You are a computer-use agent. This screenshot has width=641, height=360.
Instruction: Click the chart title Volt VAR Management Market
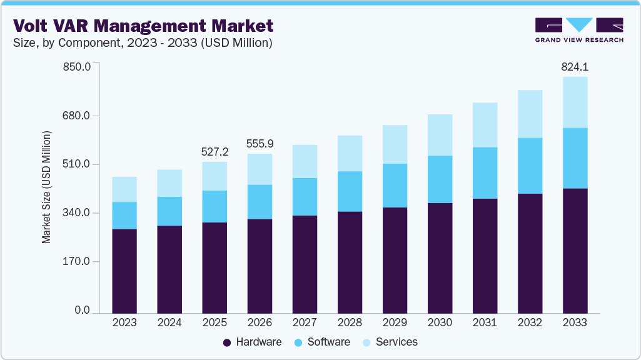point(143,26)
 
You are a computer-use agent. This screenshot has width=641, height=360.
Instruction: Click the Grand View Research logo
point(579,30)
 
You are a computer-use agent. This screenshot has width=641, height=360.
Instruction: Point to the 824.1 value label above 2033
point(575,66)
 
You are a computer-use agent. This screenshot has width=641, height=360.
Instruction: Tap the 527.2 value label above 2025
point(215,151)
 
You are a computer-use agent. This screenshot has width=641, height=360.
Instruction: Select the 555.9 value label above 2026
point(260,143)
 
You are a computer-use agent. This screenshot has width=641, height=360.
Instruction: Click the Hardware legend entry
point(252,342)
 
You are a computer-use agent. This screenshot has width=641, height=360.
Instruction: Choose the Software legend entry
point(322,342)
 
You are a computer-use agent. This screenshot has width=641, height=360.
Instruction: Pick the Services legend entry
point(390,342)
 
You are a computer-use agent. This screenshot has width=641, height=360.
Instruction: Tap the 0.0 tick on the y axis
point(83,311)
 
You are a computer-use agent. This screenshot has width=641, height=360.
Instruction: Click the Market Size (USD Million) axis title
point(46,187)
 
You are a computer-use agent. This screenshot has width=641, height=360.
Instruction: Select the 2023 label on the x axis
point(124,322)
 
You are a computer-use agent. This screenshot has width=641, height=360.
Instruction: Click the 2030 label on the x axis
point(440,322)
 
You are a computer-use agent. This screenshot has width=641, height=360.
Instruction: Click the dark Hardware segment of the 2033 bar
point(575,250)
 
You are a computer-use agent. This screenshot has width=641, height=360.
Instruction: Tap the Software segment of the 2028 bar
point(350,191)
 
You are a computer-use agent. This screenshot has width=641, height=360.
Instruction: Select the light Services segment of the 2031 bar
point(485,125)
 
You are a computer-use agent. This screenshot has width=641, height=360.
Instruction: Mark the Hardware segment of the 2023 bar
point(124,271)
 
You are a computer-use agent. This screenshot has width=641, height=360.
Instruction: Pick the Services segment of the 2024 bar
point(169,183)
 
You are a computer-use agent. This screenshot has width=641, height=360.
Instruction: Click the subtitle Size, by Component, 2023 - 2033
point(143,43)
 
